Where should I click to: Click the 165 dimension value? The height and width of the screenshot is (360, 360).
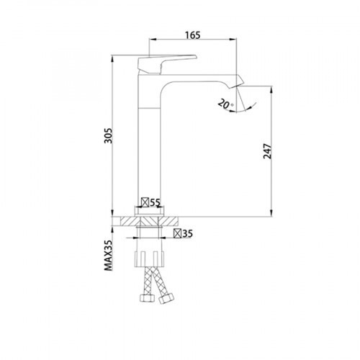[x=193, y=35]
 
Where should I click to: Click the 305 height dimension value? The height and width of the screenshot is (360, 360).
[x=108, y=135]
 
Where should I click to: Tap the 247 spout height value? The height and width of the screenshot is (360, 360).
[x=267, y=151]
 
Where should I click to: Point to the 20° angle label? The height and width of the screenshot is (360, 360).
[x=225, y=104]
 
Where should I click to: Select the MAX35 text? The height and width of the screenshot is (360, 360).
[x=108, y=256]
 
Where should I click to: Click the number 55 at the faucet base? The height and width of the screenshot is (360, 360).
[x=155, y=203]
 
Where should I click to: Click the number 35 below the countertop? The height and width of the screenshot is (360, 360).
[x=187, y=233]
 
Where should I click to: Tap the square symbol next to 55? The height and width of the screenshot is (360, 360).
[x=145, y=202]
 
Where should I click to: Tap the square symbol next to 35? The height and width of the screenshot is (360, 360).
[x=178, y=233]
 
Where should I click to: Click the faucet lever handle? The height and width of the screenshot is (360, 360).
[x=167, y=63]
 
